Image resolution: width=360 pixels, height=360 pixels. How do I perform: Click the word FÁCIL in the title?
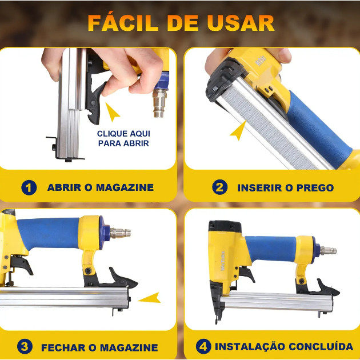pyautogui.click(x=123, y=22)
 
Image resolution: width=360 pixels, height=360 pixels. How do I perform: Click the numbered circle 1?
pyautogui.click(x=29, y=187)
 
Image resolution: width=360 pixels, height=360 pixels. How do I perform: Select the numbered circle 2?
pyautogui.click(x=220, y=187)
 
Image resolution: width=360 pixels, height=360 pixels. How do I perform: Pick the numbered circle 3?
pyautogui.click(x=25, y=346)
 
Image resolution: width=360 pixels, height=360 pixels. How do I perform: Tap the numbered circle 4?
pyautogui.click(x=203, y=346)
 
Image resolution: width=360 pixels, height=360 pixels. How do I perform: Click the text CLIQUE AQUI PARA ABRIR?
pyautogui.click(x=123, y=138)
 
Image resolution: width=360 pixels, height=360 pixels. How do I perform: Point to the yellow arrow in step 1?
pyautogui.click(x=112, y=112)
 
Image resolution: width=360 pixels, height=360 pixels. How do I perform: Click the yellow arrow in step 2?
pyautogui.click(x=238, y=130)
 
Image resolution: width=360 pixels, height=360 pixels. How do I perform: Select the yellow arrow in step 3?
pyautogui.click(x=150, y=298)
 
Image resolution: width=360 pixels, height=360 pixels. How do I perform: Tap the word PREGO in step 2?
pyautogui.click(x=315, y=188)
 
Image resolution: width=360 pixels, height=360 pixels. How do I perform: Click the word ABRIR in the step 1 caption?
pyautogui.click(x=64, y=187)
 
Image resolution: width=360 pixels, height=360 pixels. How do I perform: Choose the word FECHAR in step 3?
pyautogui.click(x=63, y=347)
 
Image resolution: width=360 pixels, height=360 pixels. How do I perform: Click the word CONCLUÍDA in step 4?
pyautogui.click(x=321, y=346)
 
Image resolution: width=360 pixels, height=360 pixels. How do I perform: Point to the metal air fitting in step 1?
pyautogui.click(x=160, y=103)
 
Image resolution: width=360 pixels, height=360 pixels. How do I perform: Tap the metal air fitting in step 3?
pyautogui.click(x=120, y=233)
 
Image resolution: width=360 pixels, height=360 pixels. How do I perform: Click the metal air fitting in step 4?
pyautogui.click(x=329, y=250)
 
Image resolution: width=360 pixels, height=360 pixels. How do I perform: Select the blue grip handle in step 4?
pyautogui.click(x=271, y=249)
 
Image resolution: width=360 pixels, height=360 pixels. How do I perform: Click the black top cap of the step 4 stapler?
pyautogui.click(x=225, y=226)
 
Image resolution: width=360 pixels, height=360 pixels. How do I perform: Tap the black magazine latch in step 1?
pyautogui.click(x=95, y=101)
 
